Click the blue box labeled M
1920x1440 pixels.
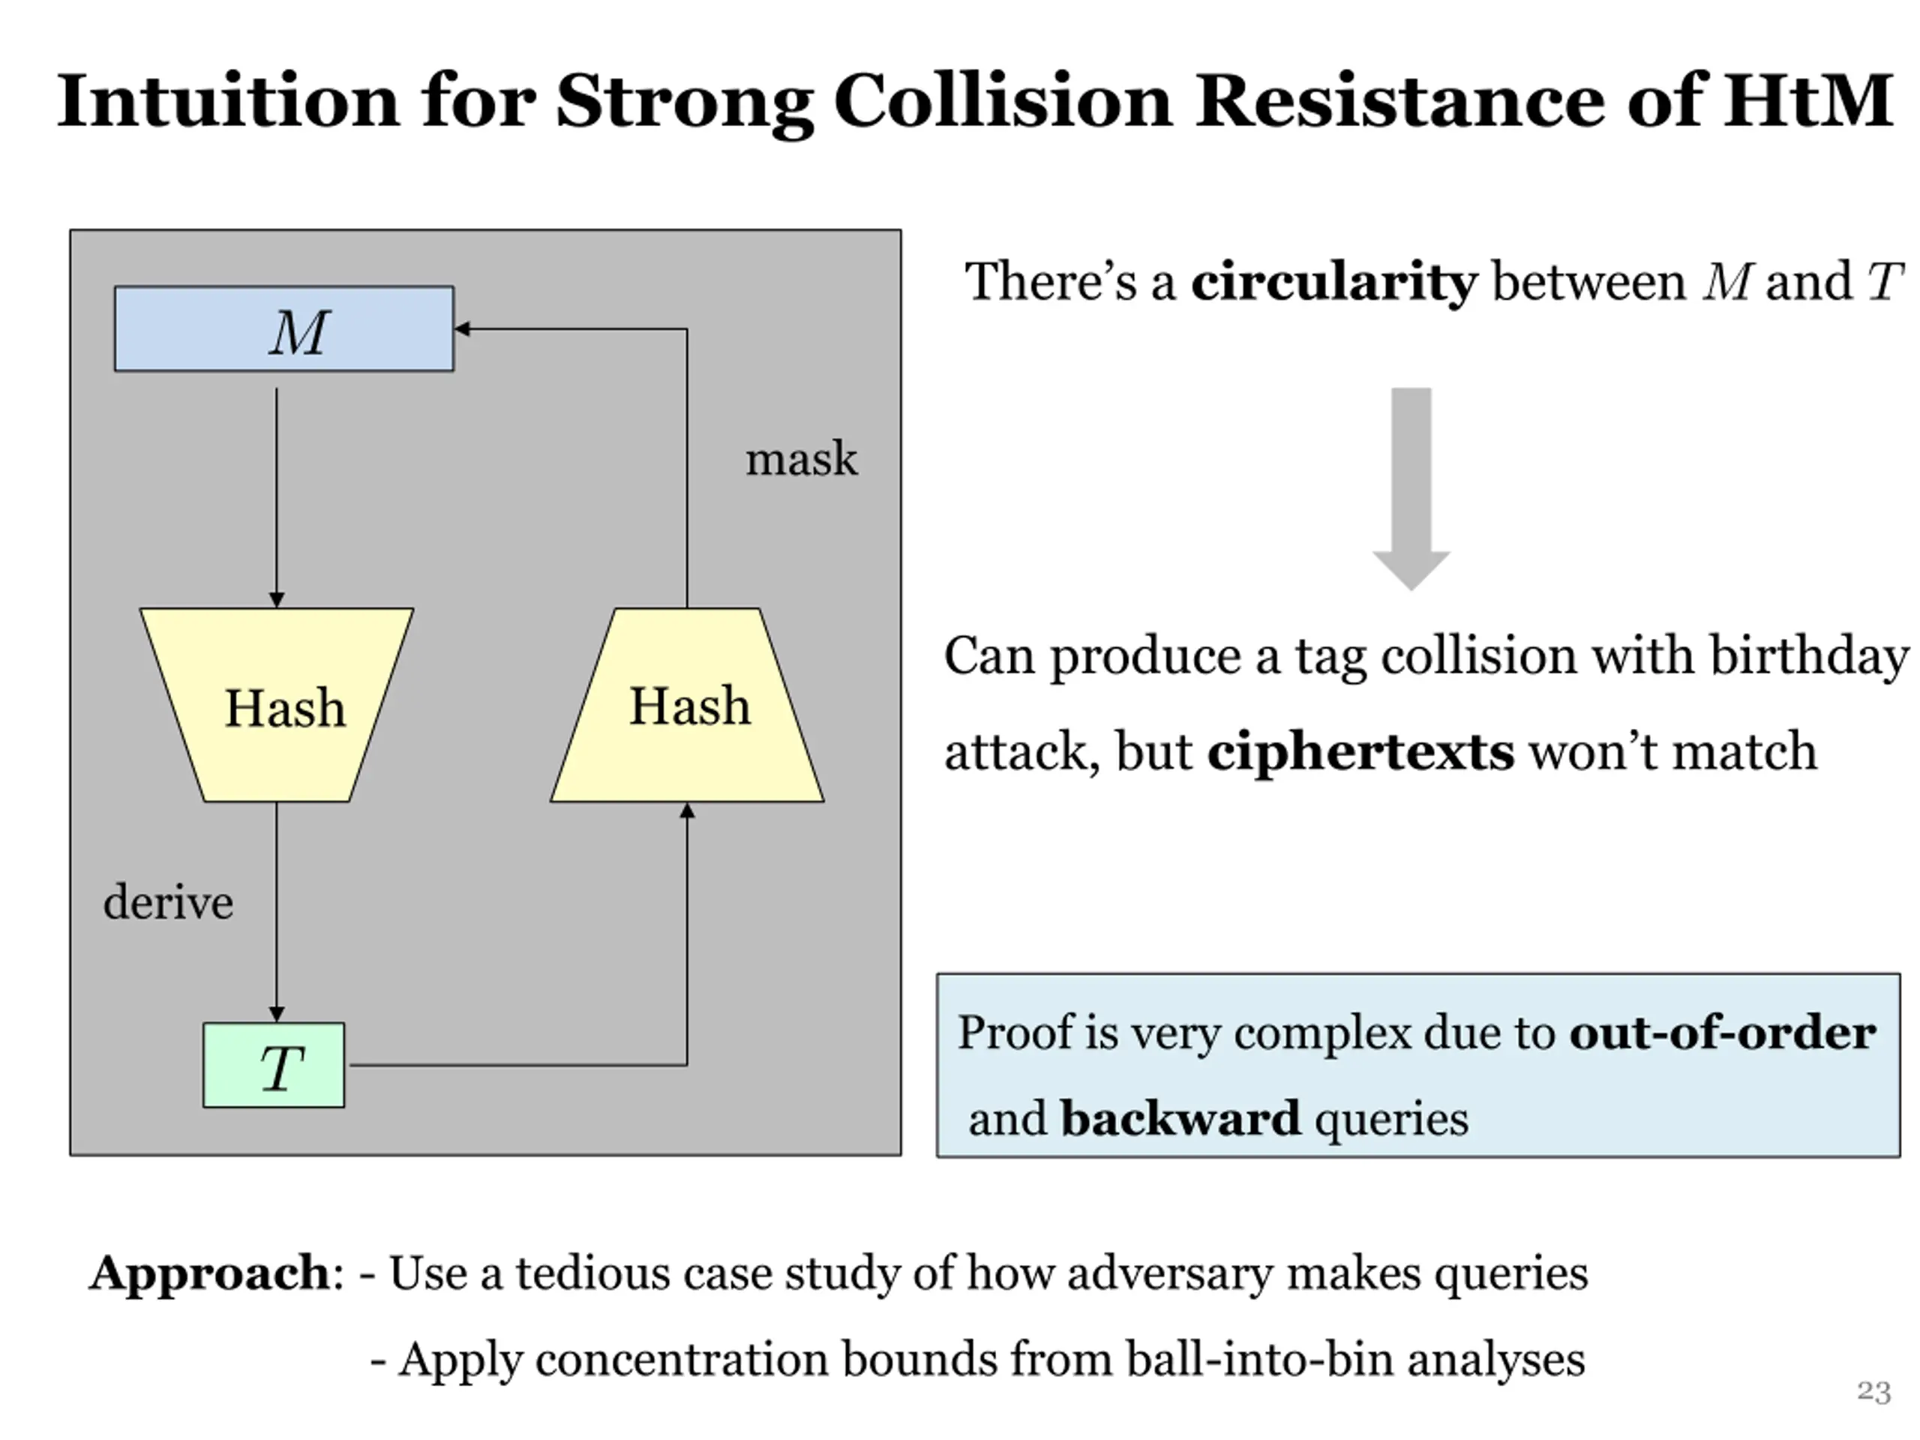coord(283,329)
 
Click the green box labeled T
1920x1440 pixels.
coord(274,1065)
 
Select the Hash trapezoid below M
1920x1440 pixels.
coord(277,705)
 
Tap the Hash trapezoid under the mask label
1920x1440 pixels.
coord(688,705)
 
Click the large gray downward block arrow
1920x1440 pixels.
coord(1411,489)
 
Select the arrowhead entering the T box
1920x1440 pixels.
coord(277,1015)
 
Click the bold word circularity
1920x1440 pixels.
coord(1333,283)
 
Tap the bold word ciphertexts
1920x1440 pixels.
coord(1360,751)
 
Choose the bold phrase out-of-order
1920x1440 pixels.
coord(1722,1033)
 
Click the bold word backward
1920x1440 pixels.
coord(1180,1118)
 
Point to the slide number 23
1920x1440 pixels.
coord(1873,1392)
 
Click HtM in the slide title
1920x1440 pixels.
coord(1808,100)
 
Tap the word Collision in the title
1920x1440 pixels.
coord(1003,100)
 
